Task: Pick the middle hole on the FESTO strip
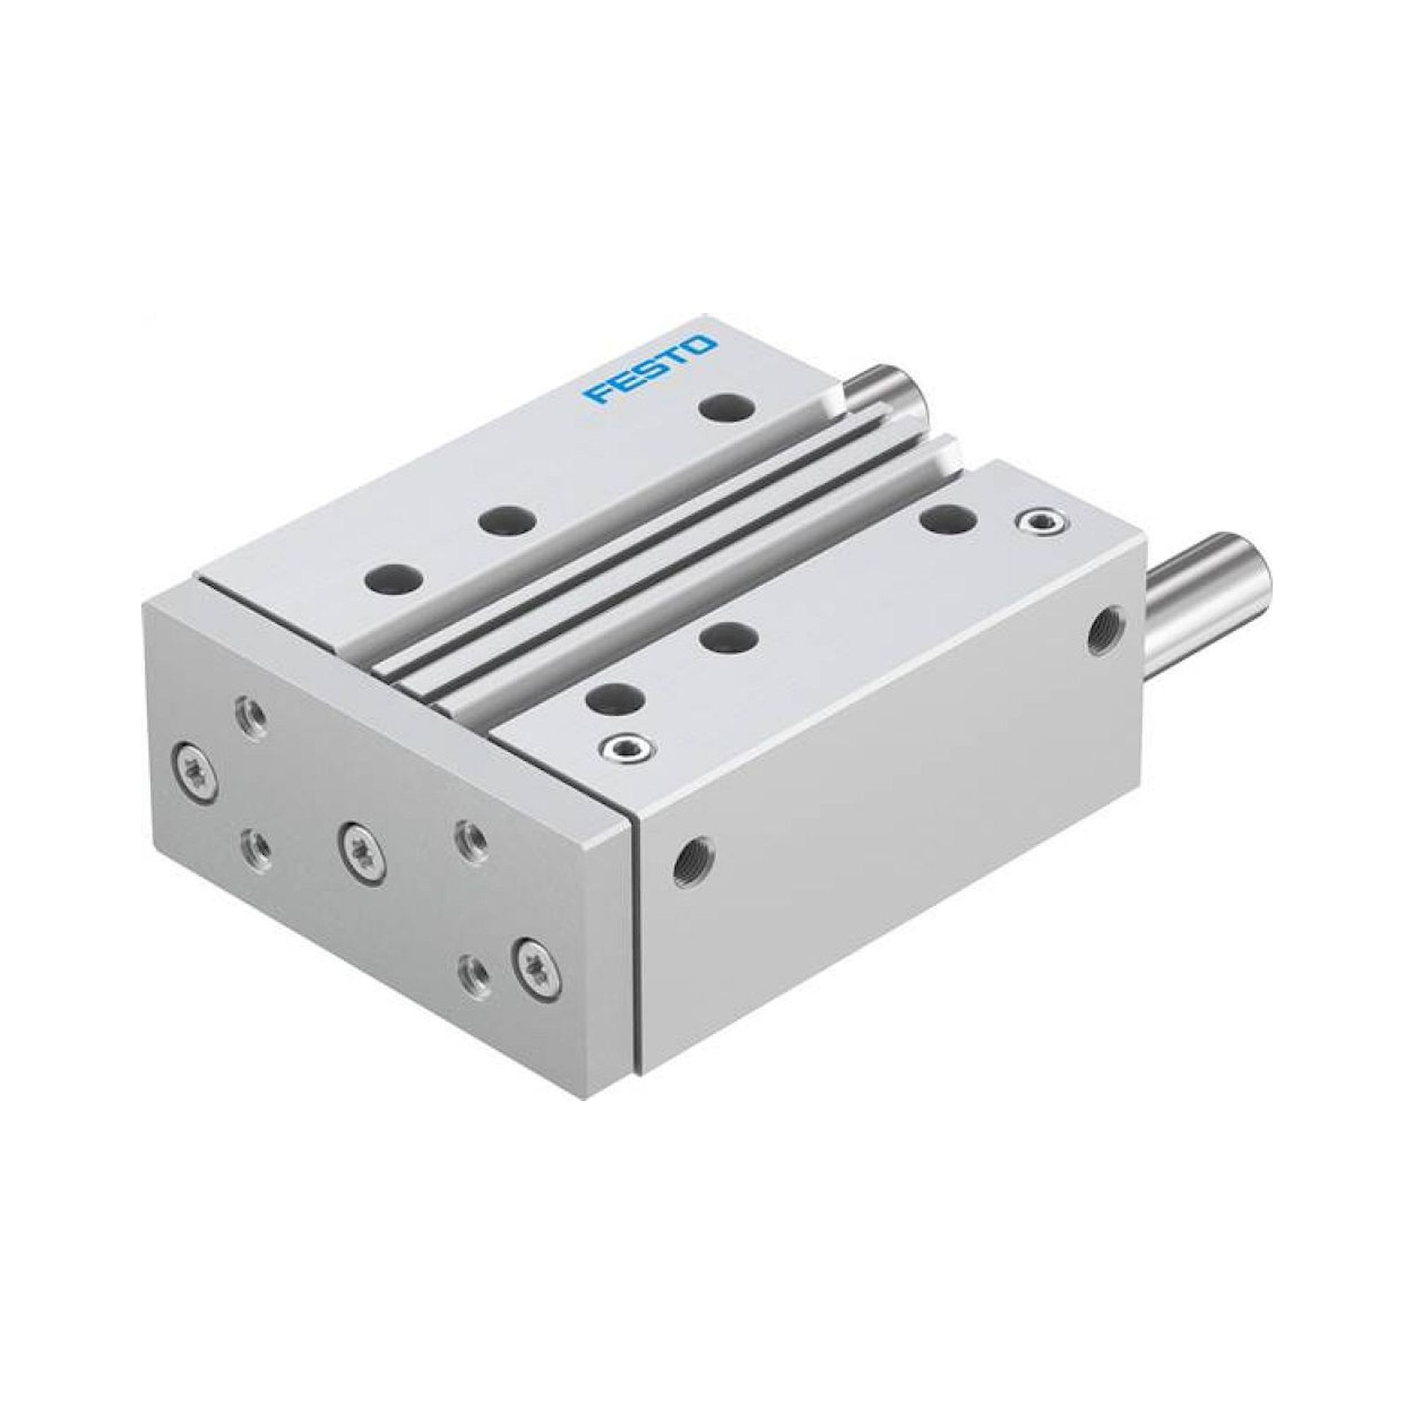[506, 520]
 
